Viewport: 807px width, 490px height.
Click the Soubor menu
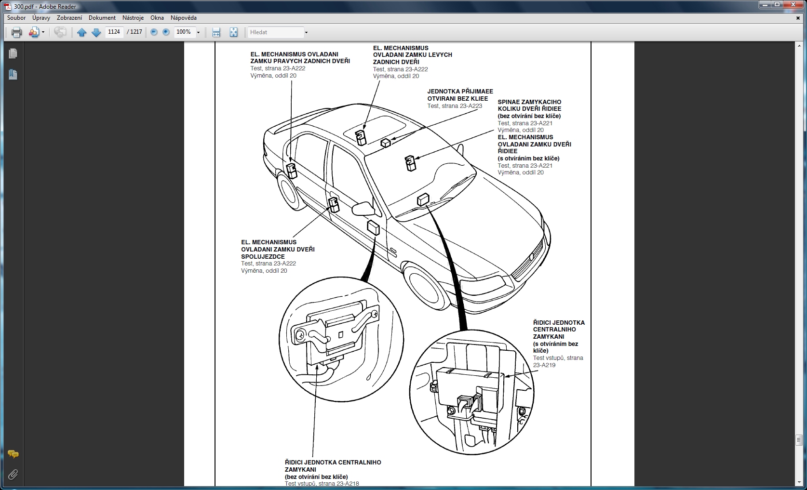click(16, 18)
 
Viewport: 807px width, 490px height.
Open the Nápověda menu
click(183, 18)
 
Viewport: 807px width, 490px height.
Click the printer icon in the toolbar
click(17, 32)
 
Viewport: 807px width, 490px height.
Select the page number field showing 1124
click(114, 32)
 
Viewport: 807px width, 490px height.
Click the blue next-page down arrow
click(96, 32)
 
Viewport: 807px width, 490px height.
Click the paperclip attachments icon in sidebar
click(13, 475)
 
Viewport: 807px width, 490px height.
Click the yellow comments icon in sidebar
click(13, 454)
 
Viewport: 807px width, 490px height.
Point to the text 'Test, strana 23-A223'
click(455, 106)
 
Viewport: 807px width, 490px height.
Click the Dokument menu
click(102, 18)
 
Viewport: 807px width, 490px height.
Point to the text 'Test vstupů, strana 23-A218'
click(322, 484)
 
